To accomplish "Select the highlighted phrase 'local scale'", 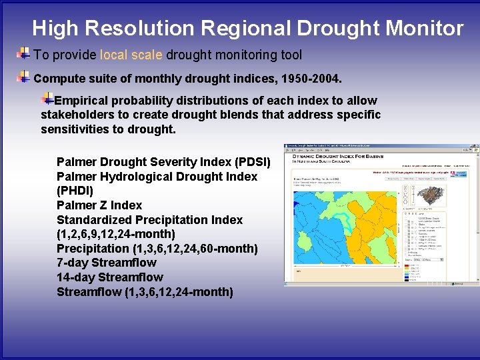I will [x=131, y=55].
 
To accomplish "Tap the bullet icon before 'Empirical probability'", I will [x=47, y=99].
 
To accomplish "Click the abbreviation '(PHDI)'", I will [x=75, y=191].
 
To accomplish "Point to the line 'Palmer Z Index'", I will [x=99, y=205].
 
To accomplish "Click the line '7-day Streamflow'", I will [x=107, y=263].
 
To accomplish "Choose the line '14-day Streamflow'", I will [x=110, y=277].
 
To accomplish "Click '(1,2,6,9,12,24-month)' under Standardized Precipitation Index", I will [x=116, y=234].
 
